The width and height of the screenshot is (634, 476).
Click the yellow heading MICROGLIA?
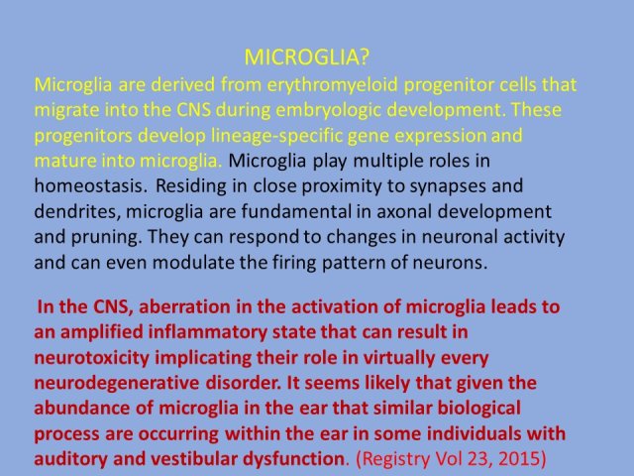tap(307, 58)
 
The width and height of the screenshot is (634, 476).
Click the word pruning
tap(107, 237)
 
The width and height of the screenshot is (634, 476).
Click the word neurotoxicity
tap(92, 358)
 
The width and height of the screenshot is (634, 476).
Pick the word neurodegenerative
tap(117, 384)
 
